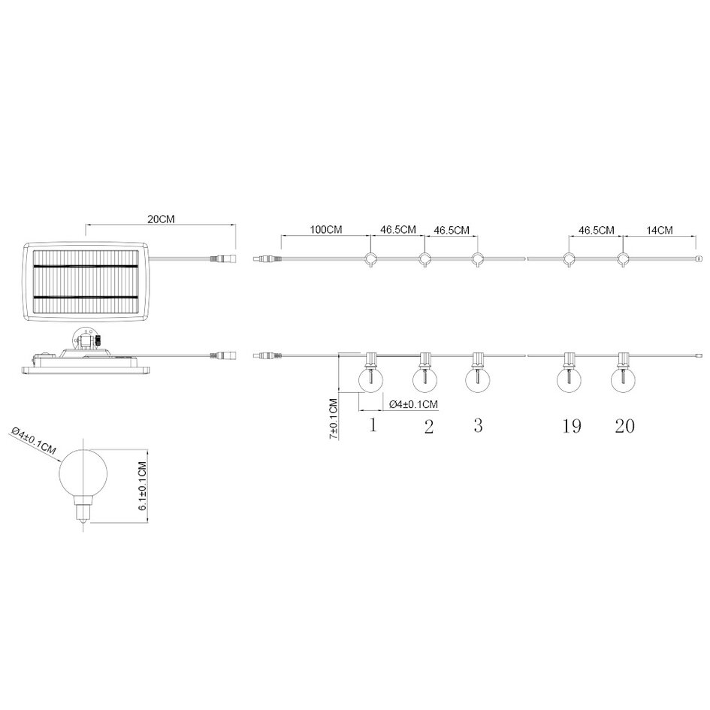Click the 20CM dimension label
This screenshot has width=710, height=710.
[x=161, y=219]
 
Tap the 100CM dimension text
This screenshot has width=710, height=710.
[x=325, y=230]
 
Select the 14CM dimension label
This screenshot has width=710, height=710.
[x=660, y=230]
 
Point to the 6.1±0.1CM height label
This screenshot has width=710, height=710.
[x=143, y=486]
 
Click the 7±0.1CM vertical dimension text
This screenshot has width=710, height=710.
[x=334, y=418]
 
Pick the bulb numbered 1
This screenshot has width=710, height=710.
[x=370, y=379]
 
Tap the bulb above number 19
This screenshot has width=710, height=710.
[x=569, y=379]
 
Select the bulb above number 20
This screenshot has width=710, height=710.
[x=623, y=379]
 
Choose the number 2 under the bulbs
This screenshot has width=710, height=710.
[x=429, y=426]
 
